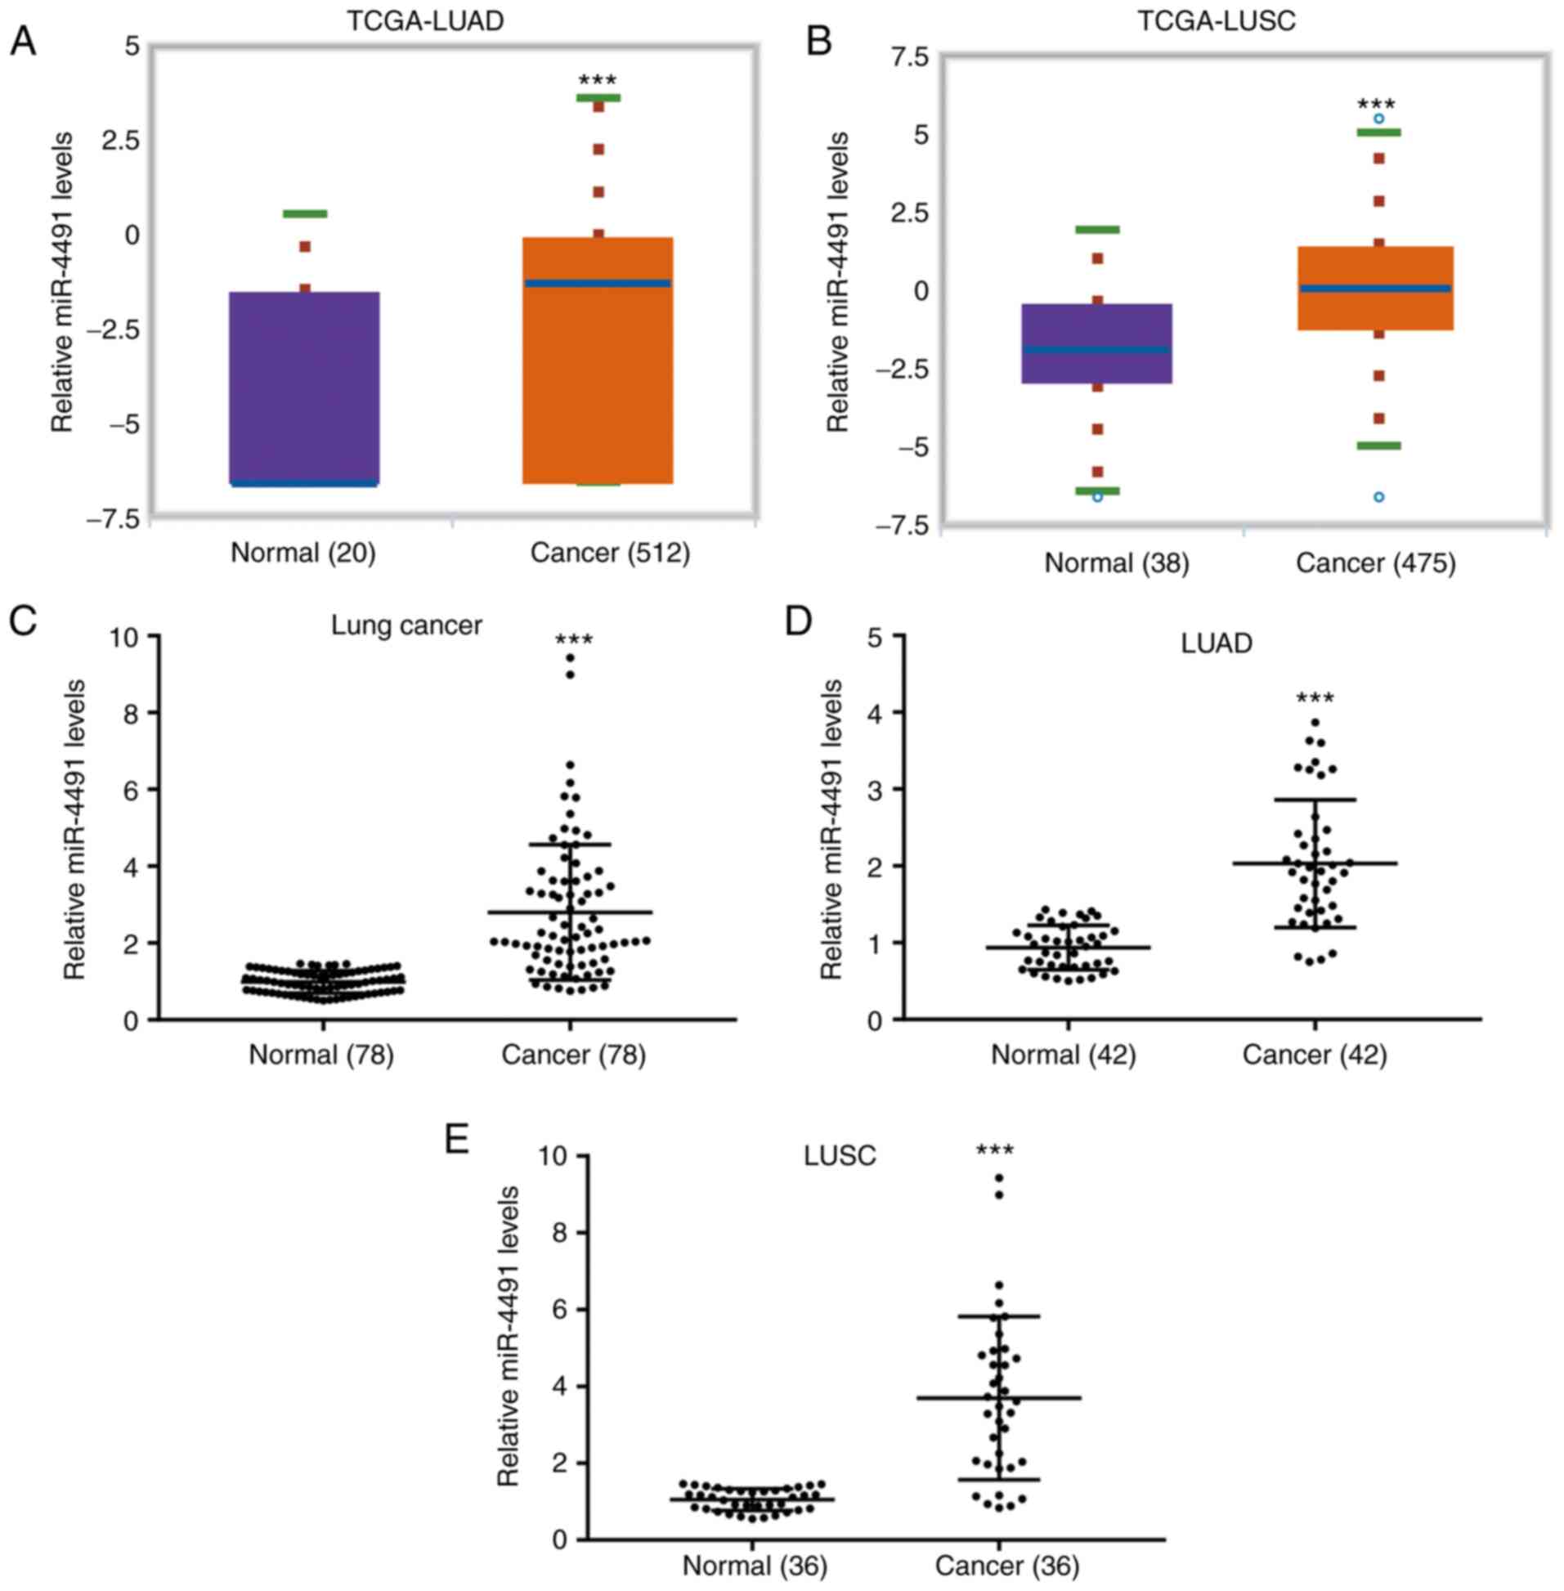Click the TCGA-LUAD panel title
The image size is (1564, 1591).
(424, 20)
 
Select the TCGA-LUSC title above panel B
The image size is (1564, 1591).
(1217, 20)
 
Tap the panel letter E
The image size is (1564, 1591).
(457, 1139)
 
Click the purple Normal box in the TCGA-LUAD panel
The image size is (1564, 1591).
(304, 386)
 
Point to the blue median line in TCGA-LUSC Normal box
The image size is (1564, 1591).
(1096, 350)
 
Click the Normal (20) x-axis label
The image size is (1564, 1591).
(303, 553)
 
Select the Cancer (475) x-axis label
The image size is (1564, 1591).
(1376, 563)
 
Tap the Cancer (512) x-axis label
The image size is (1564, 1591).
(610, 553)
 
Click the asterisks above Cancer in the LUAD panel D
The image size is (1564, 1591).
(1315, 700)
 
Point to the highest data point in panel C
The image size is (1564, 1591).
(570, 658)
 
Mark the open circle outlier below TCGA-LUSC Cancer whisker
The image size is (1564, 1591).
(1379, 497)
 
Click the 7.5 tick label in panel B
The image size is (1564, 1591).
(910, 56)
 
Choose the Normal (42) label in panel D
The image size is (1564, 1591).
(1064, 1055)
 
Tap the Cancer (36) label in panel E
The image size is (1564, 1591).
(1007, 1566)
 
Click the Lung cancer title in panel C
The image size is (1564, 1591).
(406, 626)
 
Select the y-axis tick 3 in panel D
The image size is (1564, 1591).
(881, 789)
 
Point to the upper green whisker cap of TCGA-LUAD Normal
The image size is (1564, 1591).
(305, 213)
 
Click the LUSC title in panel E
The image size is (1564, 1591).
(840, 1156)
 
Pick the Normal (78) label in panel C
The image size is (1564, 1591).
(322, 1055)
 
